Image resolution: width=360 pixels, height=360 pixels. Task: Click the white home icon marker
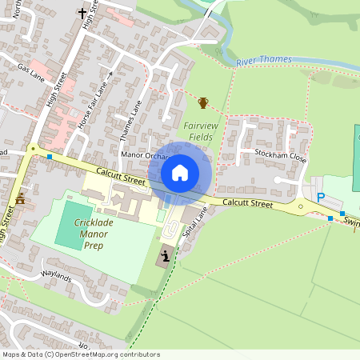click(180, 172)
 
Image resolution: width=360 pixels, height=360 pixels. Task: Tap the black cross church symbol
click(82, 13)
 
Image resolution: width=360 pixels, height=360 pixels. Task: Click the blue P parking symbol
click(321, 198)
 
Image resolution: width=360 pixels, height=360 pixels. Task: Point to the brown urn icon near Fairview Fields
click(203, 102)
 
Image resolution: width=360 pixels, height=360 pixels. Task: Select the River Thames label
click(264, 61)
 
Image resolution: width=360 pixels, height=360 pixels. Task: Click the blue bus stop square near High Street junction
click(50, 157)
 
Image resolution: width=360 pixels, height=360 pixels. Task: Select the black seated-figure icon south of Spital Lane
click(166, 256)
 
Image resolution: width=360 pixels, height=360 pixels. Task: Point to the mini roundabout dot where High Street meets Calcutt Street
click(32, 148)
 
